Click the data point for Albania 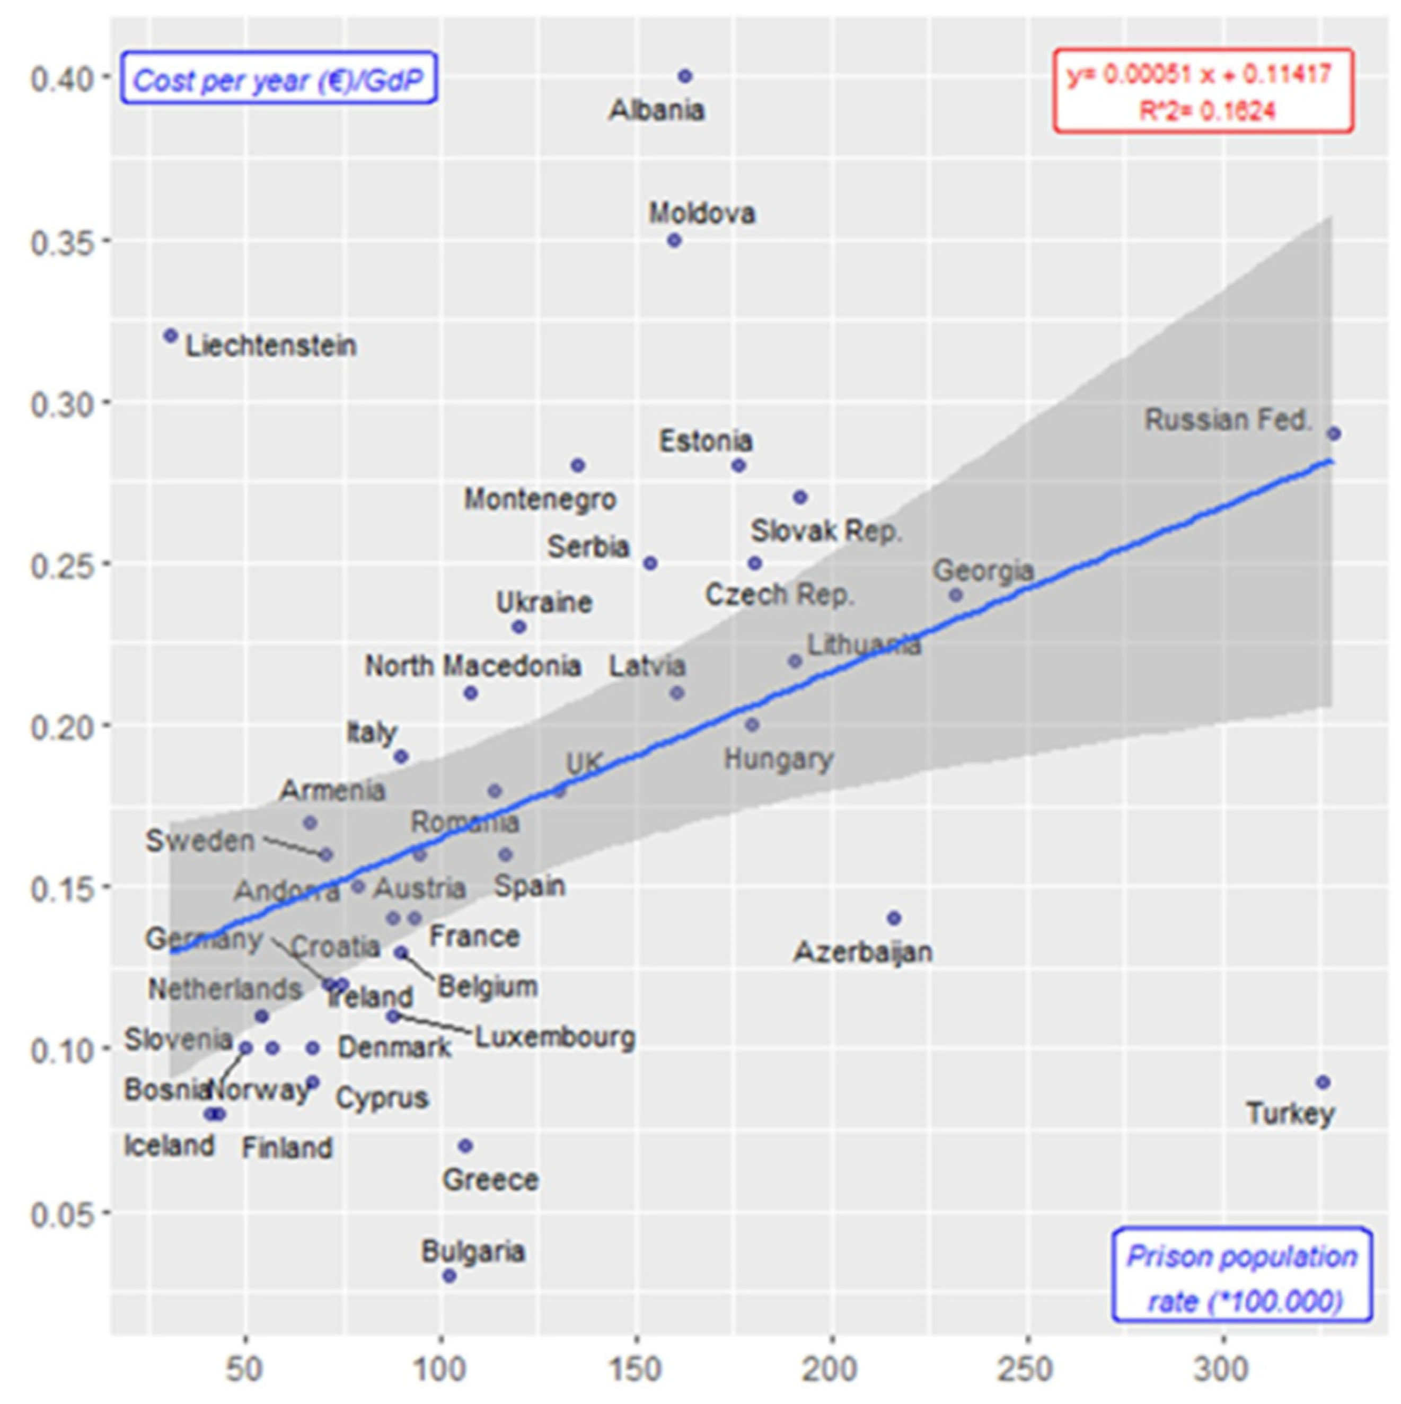tap(684, 76)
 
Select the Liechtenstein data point tap(171, 335)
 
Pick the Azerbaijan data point tap(894, 918)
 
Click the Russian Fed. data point tap(1334, 433)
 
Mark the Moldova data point tap(674, 240)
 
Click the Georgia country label tap(982, 570)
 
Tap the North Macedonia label tap(472, 666)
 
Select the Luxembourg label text tap(554, 1037)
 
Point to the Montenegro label tap(540, 499)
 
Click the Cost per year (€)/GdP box tap(278, 78)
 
